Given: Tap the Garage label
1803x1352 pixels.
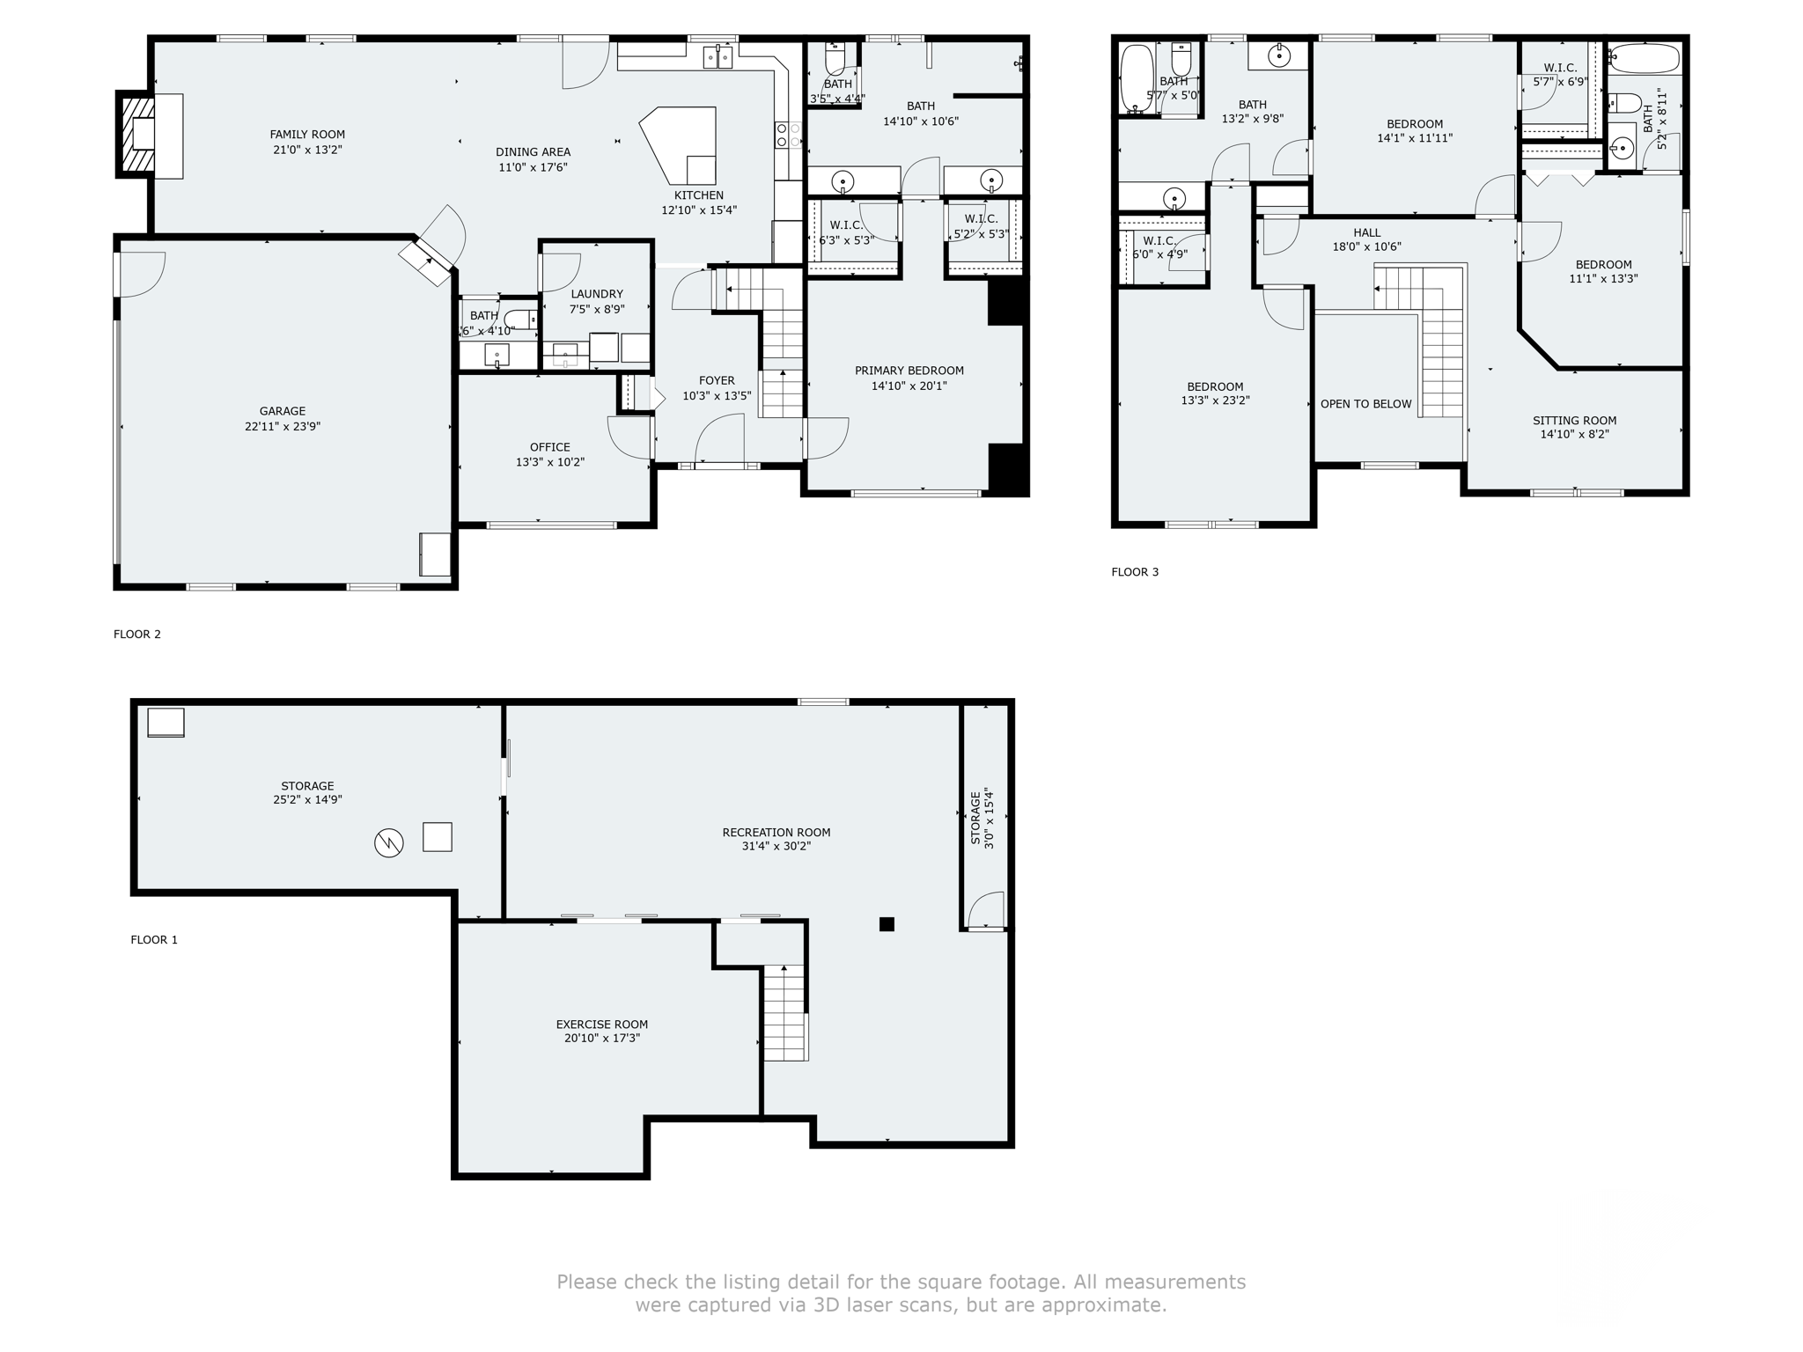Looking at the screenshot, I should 282,411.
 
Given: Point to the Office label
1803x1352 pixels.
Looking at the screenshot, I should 549,447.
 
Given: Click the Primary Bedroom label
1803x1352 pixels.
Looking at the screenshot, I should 909,371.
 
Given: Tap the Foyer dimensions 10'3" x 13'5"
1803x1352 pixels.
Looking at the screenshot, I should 717,396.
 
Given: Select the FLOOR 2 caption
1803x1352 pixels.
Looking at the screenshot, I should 137,634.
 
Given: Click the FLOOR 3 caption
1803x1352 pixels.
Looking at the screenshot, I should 1135,572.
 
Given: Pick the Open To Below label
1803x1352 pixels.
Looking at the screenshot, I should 1365,404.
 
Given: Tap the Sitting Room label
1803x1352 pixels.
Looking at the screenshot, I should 1574,421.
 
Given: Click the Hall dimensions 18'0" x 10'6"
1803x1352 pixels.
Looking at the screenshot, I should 1366,247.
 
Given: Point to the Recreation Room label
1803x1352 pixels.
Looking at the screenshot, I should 776,832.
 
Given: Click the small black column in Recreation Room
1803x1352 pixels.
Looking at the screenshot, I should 887,924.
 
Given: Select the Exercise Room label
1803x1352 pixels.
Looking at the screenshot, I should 601,1024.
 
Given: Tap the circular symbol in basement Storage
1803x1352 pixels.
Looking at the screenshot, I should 388,842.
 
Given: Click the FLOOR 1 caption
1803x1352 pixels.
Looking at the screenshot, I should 154,940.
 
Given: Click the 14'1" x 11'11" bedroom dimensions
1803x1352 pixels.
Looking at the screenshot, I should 1415,138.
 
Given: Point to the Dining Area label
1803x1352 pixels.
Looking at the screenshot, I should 533,152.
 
